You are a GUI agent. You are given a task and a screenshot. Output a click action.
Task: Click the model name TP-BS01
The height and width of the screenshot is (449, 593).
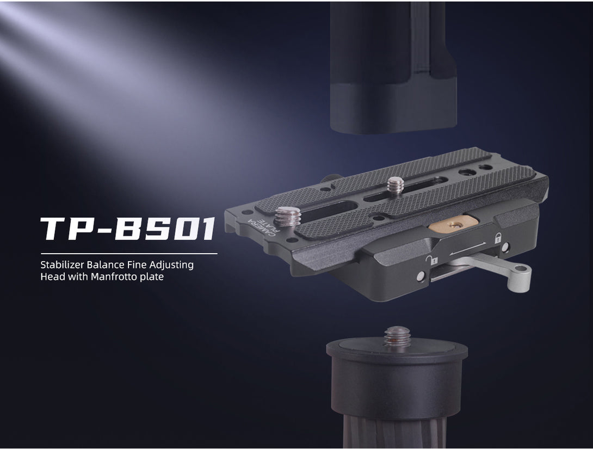[x=128, y=229]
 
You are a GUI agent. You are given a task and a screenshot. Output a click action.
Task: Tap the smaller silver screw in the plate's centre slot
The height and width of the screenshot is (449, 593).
[x=395, y=186]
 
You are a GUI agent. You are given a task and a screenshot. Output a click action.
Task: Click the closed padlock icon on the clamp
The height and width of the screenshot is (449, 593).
[x=498, y=238]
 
